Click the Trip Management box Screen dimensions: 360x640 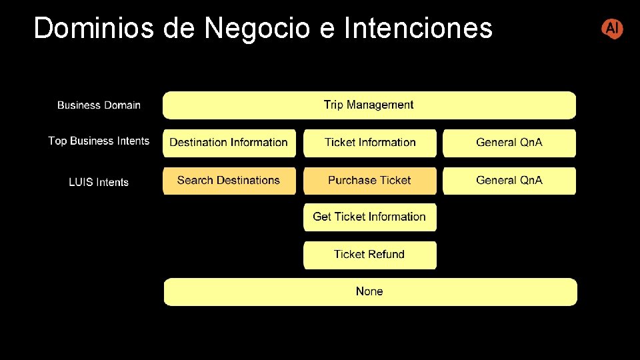click(369, 105)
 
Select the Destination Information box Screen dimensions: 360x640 click(229, 143)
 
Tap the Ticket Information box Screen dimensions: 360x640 click(370, 143)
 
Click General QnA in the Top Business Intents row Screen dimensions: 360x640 click(509, 143)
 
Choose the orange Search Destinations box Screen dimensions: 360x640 click(229, 181)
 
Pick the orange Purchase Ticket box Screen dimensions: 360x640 click(370, 181)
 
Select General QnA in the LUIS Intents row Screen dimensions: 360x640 click(509, 181)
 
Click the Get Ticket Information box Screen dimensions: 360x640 click(370, 217)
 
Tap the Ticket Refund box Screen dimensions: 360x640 click(370, 255)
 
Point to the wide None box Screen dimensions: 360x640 click(370, 291)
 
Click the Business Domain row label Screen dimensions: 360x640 click(99, 105)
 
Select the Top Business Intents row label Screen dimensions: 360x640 click(99, 141)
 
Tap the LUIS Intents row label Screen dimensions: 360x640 click(99, 182)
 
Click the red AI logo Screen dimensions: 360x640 click(612, 29)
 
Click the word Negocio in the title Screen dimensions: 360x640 click(257, 29)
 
